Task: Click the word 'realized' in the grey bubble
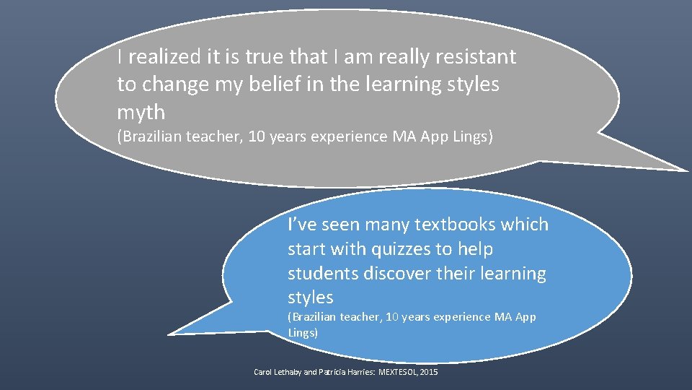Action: tap(159, 57)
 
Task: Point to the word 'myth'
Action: tap(141, 113)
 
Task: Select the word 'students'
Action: tap(321, 274)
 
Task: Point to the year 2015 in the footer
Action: tap(427, 372)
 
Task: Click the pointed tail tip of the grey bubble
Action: tap(686, 171)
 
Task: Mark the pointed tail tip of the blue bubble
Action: tap(169, 334)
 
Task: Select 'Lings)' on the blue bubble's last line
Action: tap(302, 333)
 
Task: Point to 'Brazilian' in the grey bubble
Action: tap(148, 137)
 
